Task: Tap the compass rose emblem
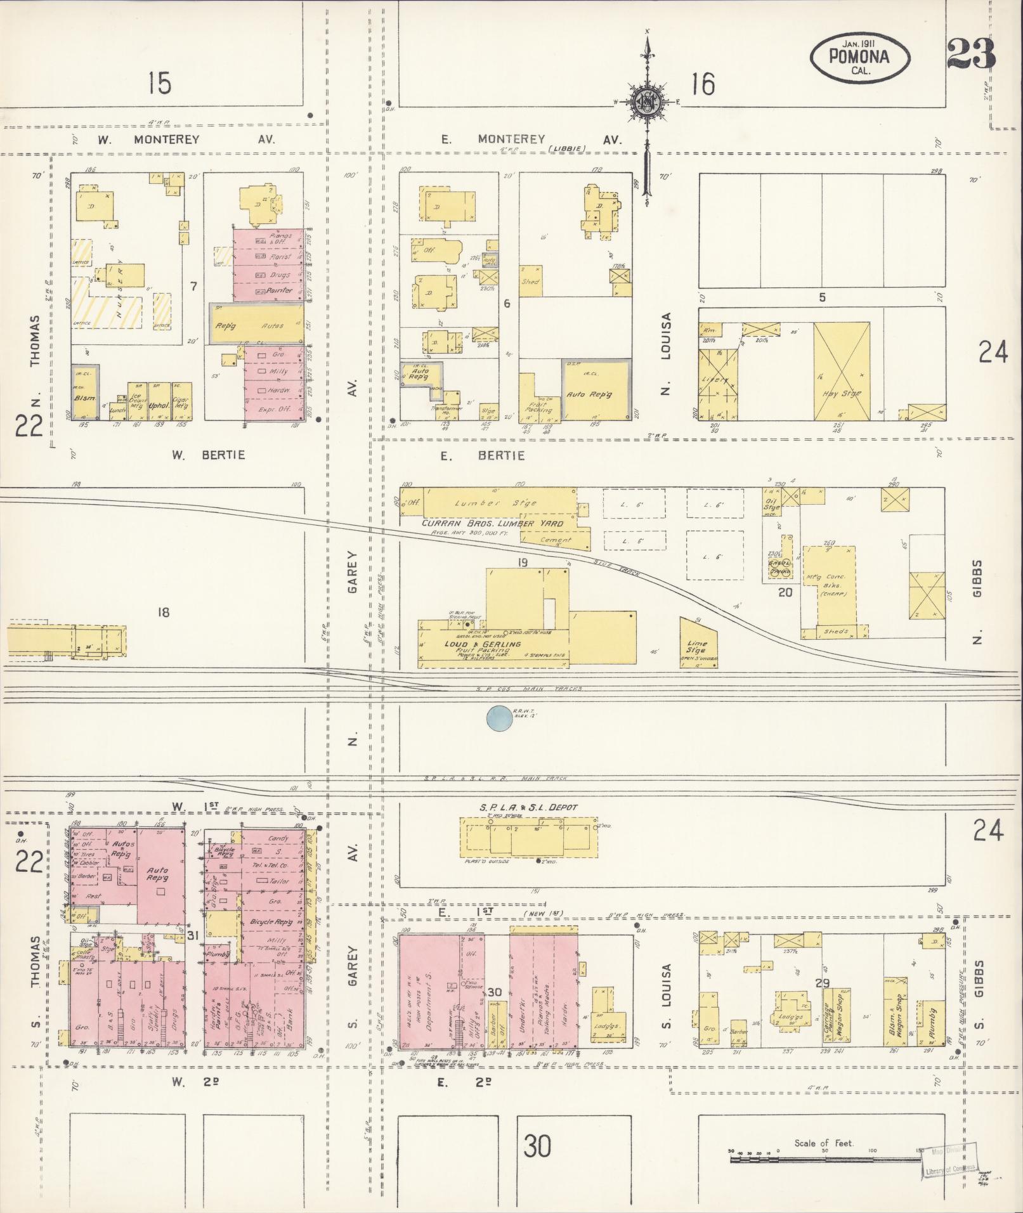pyautogui.click(x=647, y=101)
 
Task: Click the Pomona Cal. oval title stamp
pyautogui.click(x=859, y=58)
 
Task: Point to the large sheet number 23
pyautogui.click(x=970, y=54)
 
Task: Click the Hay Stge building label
pyautogui.click(x=842, y=394)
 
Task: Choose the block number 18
pyautogui.click(x=164, y=612)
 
